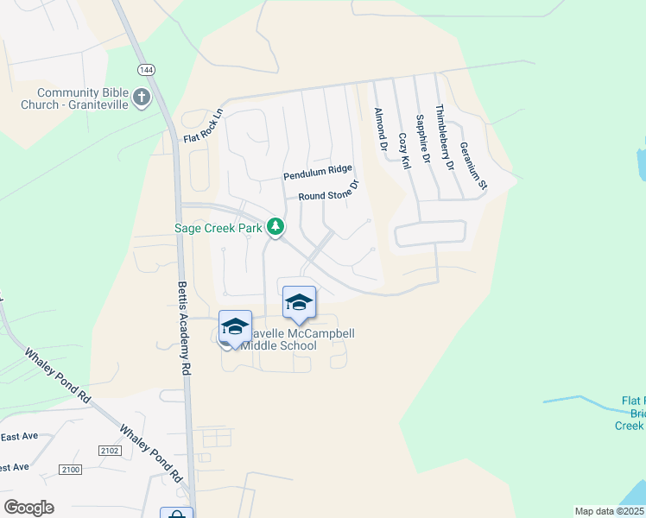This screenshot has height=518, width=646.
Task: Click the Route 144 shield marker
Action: click(x=141, y=69)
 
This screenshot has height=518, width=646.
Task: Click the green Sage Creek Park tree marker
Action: click(x=275, y=227)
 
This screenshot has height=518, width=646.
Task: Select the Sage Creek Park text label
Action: click(x=218, y=228)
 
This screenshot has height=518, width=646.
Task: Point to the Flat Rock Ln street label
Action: click(x=204, y=126)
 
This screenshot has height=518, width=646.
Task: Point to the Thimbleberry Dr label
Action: click(x=442, y=138)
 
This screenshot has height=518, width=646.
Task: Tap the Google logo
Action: click(x=28, y=508)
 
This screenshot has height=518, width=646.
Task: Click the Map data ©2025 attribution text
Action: click(x=610, y=511)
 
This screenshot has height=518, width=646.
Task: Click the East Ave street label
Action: click(x=19, y=437)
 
